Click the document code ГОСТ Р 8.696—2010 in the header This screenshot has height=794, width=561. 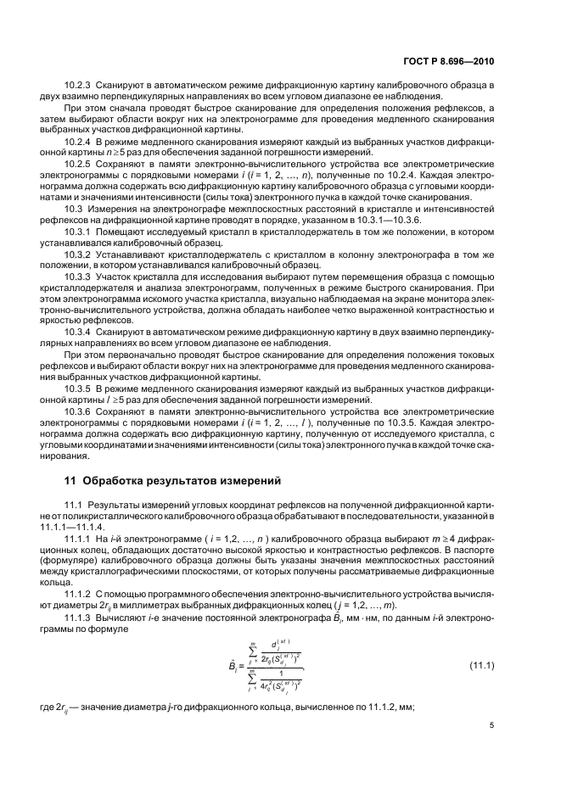point(447,62)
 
